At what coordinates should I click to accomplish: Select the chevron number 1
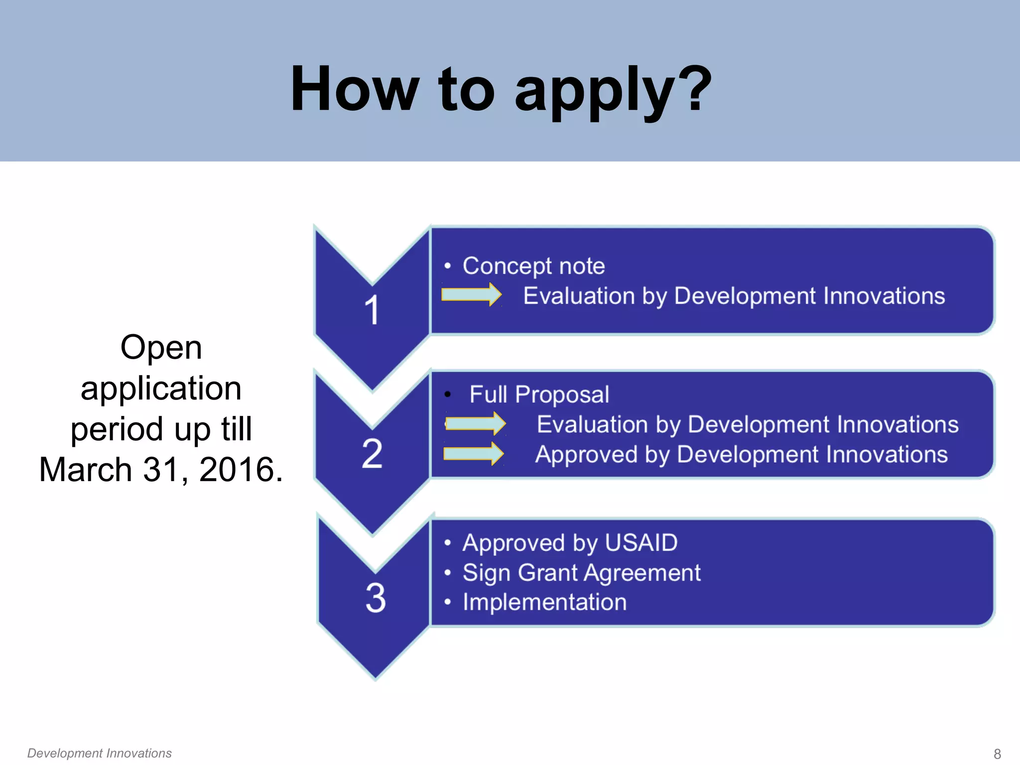[x=372, y=310]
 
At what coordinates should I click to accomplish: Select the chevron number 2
[x=372, y=453]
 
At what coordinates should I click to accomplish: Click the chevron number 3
[x=376, y=598]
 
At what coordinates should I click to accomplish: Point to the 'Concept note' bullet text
[x=533, y=266]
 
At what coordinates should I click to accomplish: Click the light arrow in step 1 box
[x=471, y=294]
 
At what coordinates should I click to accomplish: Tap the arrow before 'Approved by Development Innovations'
[x=473, y=454]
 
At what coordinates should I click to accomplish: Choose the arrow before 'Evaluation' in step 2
[x=475, y=423]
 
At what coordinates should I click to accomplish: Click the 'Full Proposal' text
[x=539, y=394]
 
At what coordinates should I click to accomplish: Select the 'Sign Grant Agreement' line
[x=581, y=573]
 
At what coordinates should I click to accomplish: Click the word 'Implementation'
[x=544, y=602]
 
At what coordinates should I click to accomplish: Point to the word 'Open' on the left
[x=161, y=347]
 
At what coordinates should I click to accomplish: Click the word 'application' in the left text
[x=161, y=388]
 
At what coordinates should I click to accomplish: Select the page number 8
[x=997, y=754]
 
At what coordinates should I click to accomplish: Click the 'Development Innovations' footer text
[x=99, y=753]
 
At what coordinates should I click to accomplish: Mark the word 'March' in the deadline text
[x=85, y=470]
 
